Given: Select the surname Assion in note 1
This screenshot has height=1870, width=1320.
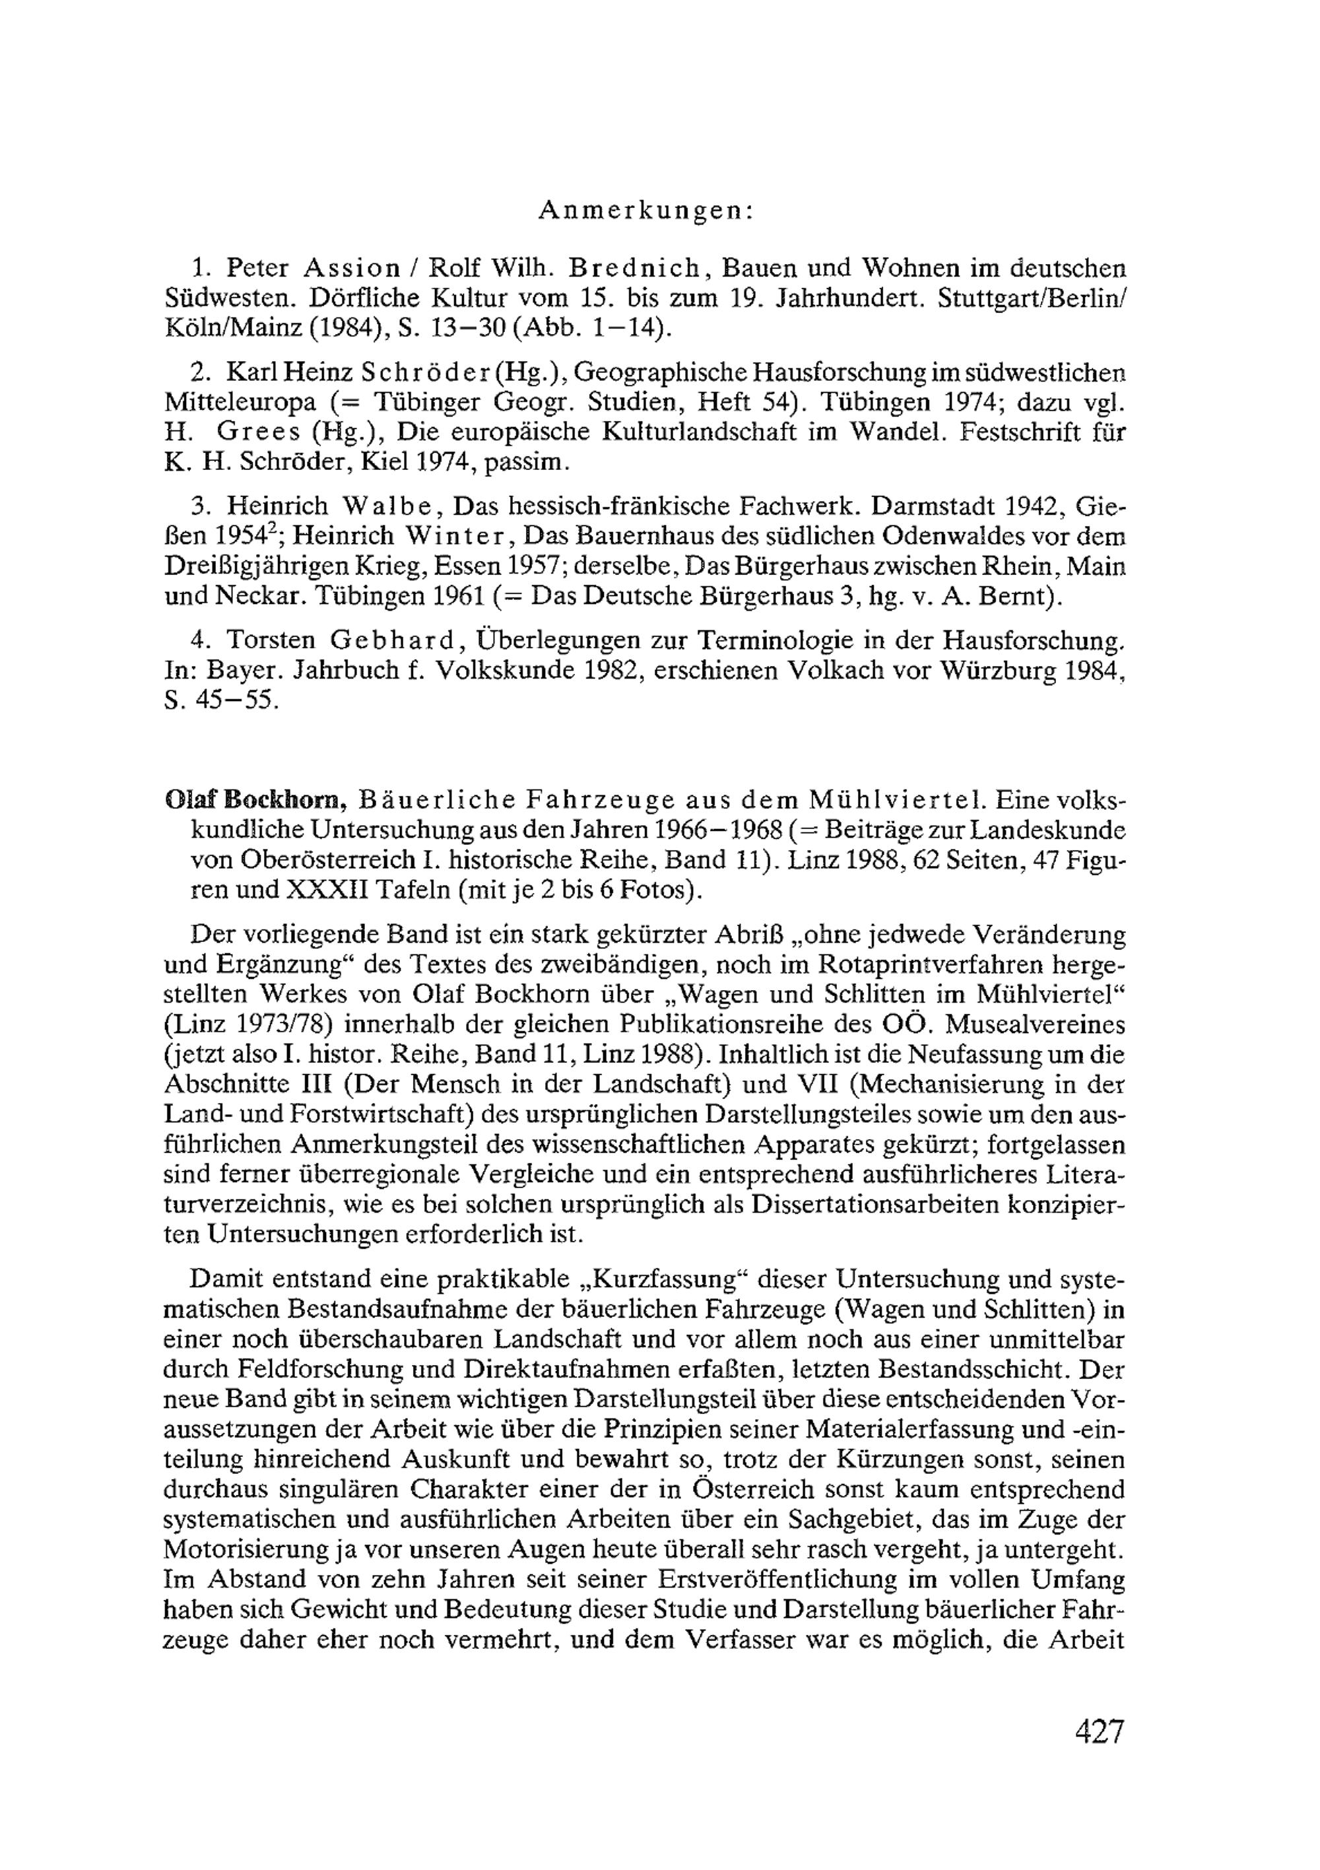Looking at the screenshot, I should click(x=352, y=268).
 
